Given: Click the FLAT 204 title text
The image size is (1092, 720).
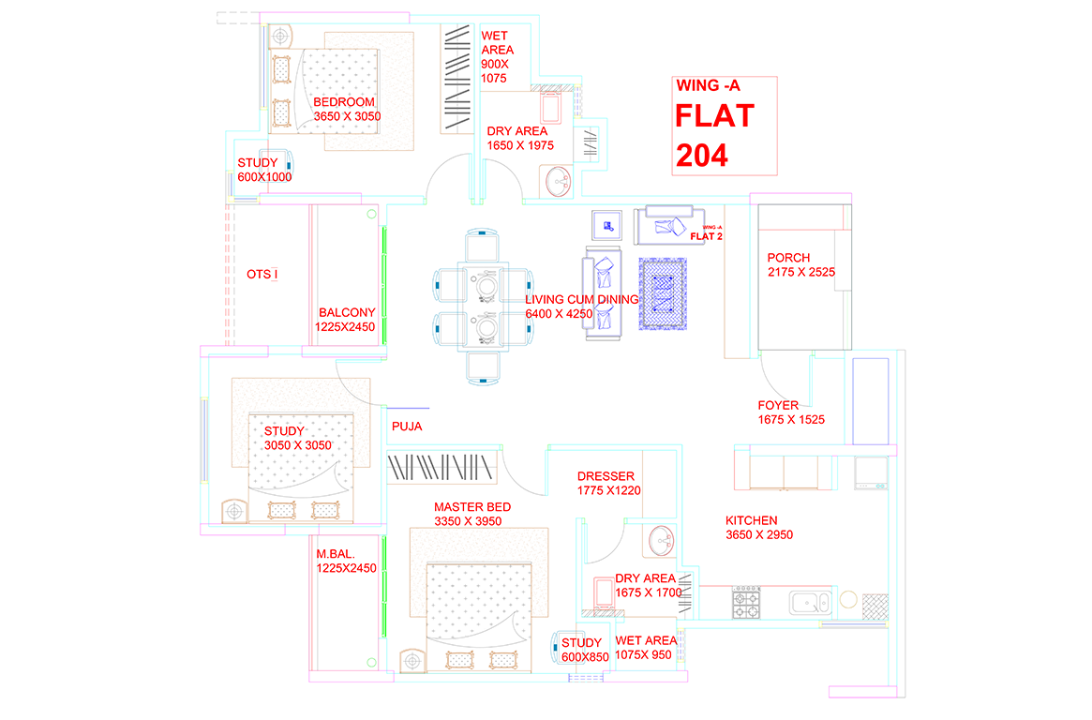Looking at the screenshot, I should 714,135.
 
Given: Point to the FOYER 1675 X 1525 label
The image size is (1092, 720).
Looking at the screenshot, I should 791,413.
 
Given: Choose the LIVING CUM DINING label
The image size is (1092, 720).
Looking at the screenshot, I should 581,307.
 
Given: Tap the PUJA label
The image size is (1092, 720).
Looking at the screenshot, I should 407,427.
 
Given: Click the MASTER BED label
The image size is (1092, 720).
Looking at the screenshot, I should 471,514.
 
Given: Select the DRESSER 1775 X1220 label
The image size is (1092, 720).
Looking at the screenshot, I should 608,483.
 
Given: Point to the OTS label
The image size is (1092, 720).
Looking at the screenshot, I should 262,275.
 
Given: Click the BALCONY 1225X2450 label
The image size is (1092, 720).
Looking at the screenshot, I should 346,320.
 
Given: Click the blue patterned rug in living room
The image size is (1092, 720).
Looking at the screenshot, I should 663,294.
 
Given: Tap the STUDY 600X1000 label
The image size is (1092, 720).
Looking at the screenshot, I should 263,170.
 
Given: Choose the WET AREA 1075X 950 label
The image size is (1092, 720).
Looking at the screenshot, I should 645,648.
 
